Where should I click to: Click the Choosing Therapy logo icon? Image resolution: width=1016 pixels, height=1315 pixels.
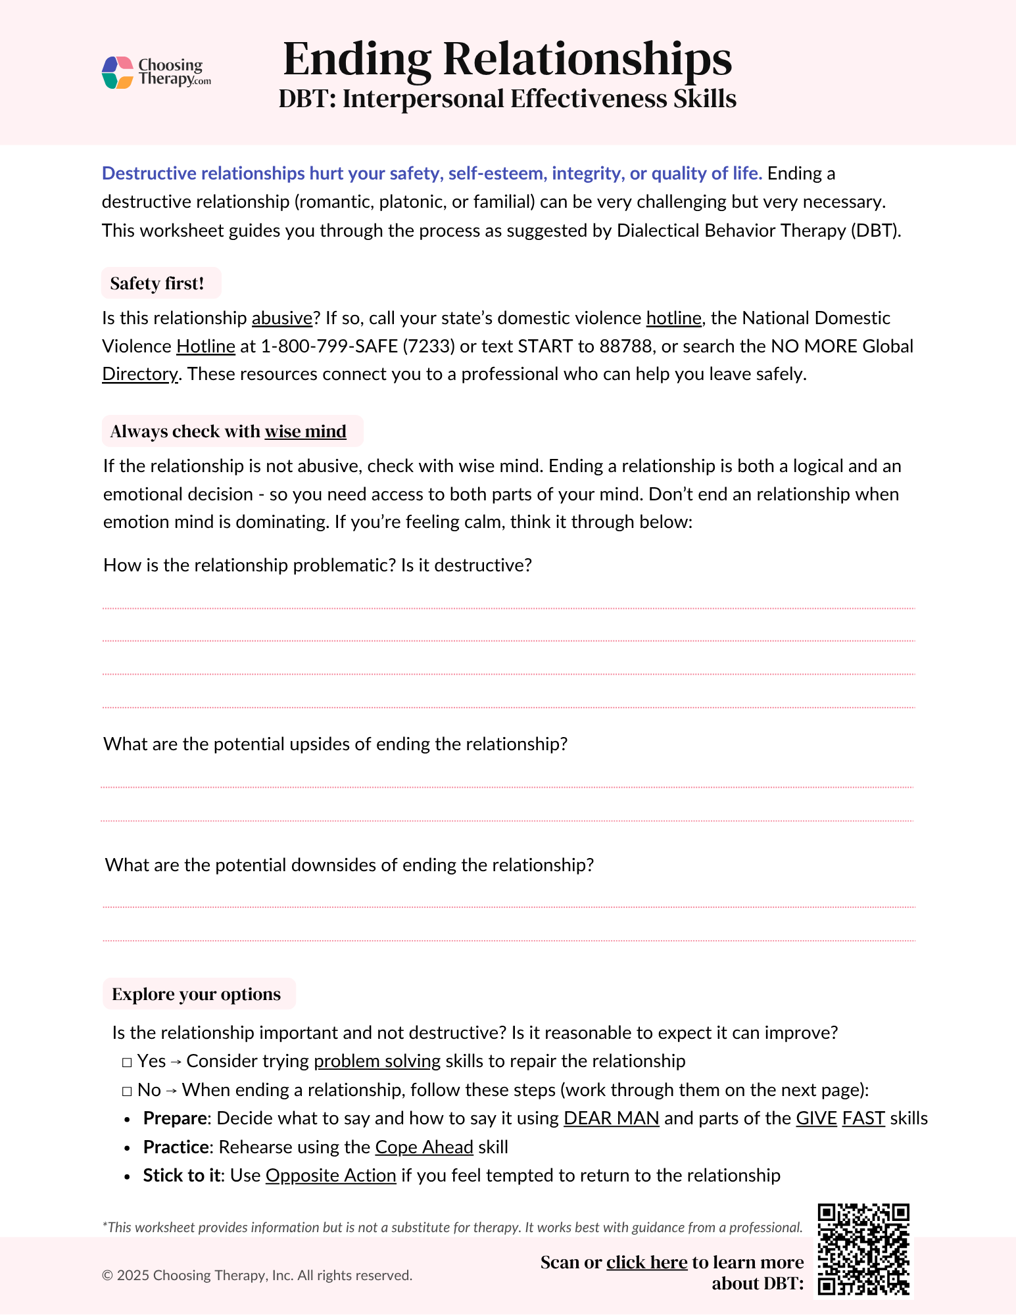(118, 72)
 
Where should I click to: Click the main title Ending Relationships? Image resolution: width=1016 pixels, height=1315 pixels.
(507, 59)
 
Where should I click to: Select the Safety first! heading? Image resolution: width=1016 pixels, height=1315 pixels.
(157, 283)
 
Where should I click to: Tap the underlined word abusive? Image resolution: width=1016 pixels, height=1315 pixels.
(281, 318)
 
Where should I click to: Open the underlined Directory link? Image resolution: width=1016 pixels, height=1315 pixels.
(139, 374)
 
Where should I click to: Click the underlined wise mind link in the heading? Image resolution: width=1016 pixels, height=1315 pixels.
(305, 431)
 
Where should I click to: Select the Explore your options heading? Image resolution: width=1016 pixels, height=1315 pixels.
(196, 994)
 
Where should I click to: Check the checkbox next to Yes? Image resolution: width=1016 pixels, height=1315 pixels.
(127, 1062)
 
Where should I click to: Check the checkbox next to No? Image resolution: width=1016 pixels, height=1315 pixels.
(127, 1091)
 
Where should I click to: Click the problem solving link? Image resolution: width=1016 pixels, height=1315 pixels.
(377, 1061)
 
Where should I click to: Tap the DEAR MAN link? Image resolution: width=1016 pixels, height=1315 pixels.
(611, 1118)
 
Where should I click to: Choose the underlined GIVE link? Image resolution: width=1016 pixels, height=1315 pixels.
(816, 1118)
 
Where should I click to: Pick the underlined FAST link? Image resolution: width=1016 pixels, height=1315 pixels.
(863, 1118)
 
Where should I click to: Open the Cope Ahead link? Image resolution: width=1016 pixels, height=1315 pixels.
(424, 1147)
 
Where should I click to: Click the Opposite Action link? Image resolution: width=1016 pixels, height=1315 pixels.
(331, 1176)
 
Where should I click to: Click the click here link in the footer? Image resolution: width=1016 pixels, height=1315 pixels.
(646, 1262)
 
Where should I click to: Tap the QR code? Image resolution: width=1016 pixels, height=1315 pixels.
(863, 1249)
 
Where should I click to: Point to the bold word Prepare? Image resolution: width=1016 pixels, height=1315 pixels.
(175, 1118)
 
